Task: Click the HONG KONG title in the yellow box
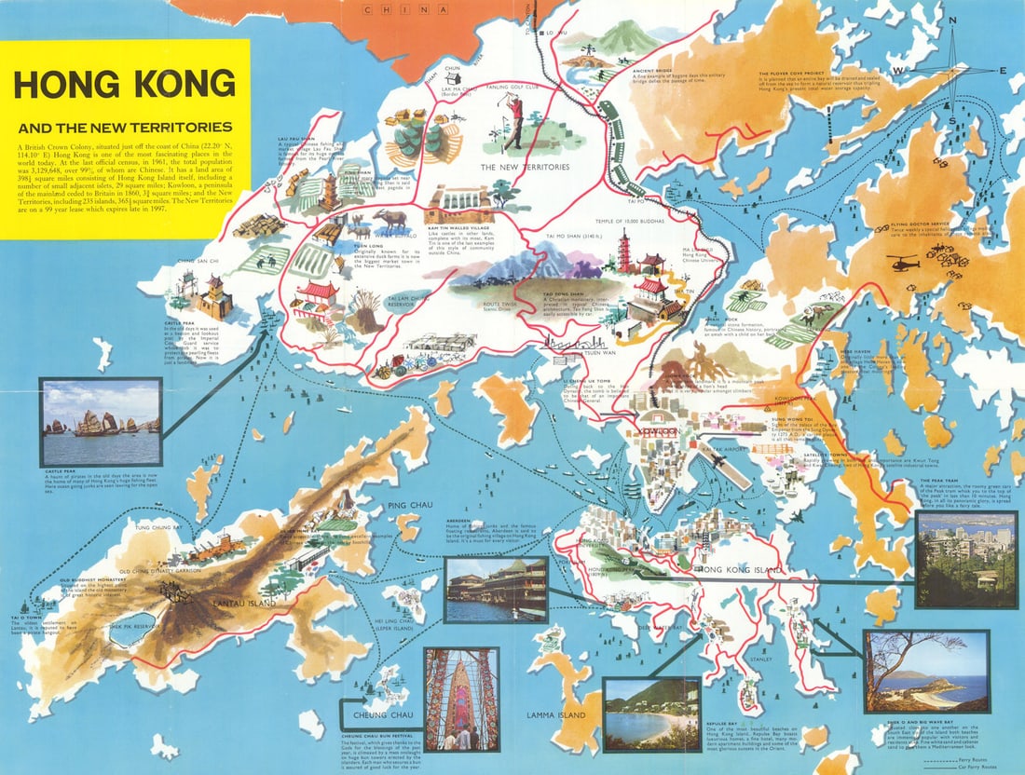(125, 84)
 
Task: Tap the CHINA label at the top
(401, 10)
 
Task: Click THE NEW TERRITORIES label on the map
(524, 167)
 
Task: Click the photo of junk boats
(101, 421)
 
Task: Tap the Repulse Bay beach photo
(651, 714)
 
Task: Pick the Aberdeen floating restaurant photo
(496, 590)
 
